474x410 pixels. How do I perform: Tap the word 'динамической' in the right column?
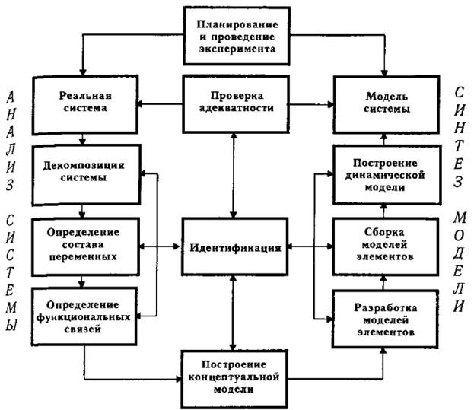tap(383, 176)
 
